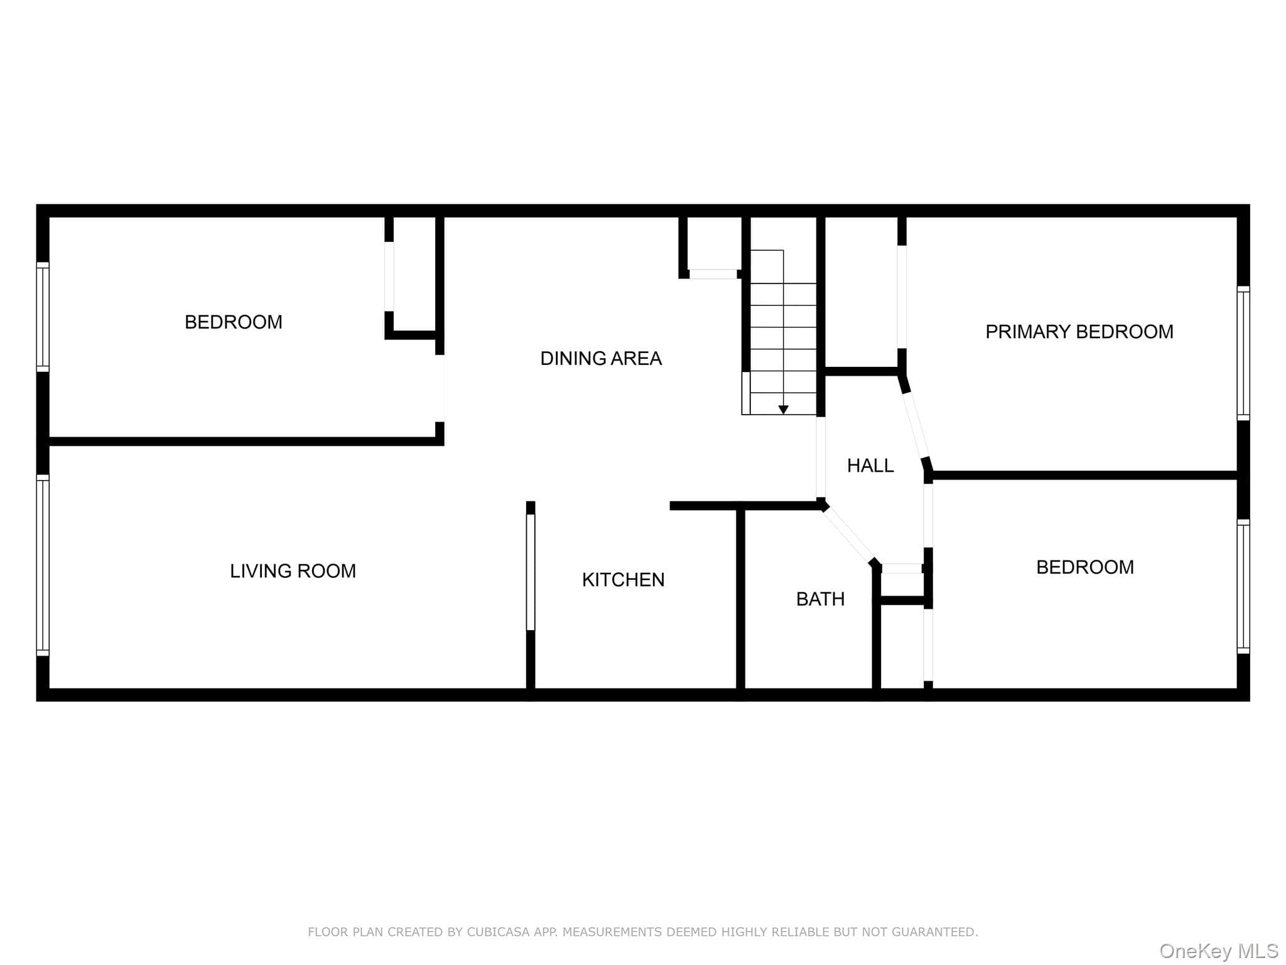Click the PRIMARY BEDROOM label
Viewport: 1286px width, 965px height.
(1079, 332)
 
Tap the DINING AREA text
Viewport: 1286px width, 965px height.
(601, 358)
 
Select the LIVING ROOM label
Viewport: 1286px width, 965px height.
(293, 571)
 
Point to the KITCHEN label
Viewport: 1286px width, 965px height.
(623, 580)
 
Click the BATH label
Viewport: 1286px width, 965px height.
(820, 599)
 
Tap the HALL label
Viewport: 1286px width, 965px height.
(870, 466)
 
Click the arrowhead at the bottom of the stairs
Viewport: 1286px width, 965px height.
(783, 410)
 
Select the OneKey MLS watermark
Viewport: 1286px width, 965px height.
(1219, 951)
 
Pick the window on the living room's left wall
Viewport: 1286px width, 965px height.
(43, 565)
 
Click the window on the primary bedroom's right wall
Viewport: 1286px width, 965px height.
(1243, 353)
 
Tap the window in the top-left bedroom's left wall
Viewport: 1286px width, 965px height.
(43, 317)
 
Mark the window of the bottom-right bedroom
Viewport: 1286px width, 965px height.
(1243, 587)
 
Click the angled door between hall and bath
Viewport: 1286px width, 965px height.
(850, 534)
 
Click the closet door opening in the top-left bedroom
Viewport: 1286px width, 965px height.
(389, 276)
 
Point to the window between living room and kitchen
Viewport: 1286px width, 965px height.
(531, 572)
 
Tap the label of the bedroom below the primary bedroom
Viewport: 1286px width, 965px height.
(1084, 567)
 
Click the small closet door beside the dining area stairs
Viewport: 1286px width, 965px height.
(713, 274)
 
